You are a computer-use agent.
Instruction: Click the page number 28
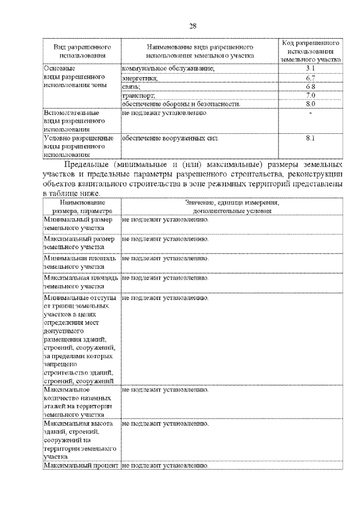tap(192, 25)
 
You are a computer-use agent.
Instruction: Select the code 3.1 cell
tap(310, 68)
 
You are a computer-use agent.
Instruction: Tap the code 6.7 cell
tap(310, 77)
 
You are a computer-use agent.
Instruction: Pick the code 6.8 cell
tap(310, 86)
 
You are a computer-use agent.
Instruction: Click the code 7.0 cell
tap(310, 95)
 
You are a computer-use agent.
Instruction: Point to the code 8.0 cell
tap(310, 104)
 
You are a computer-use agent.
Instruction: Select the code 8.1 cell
tap(310, 137)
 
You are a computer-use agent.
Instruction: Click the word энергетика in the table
tap(139, 78)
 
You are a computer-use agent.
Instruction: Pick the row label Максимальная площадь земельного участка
tap(80, 282)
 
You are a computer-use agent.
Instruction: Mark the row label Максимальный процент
tap(80, 466)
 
